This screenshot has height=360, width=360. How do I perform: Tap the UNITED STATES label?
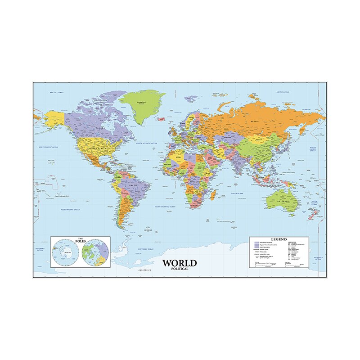click(x=99, y=148)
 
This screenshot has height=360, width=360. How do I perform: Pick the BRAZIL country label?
click(x=133, y=185)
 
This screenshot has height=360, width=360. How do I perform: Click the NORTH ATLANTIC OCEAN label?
click(x=146, y=143)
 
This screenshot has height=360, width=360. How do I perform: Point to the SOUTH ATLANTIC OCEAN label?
click(x=165, y=207)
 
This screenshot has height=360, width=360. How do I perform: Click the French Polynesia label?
click(x=61, y=196)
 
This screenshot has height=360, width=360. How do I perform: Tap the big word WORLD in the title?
click(x=180, y=263)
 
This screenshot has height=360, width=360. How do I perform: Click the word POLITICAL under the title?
click(x=180, y=269)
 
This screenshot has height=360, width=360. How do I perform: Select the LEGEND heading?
click(x=279, y=239)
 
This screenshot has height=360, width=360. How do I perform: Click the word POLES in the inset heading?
click(x=80, y=242)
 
